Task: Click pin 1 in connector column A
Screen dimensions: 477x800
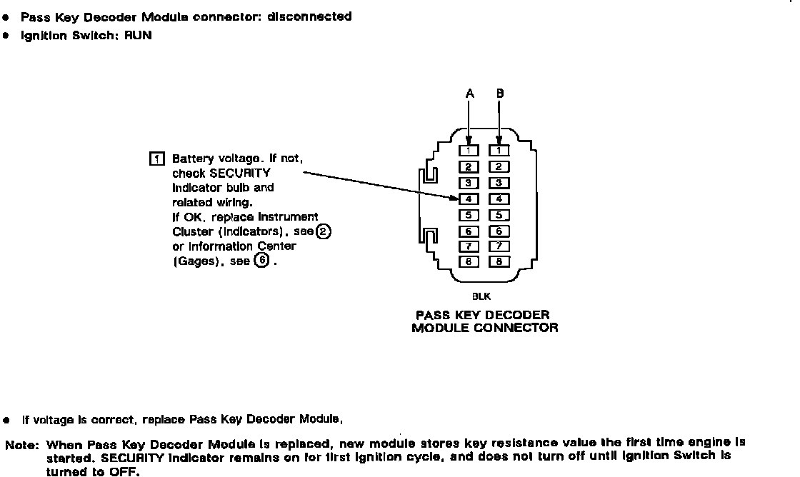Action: point(468,151)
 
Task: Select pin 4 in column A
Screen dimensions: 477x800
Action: point(468,199)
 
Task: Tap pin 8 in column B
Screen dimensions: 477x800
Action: point(499,261)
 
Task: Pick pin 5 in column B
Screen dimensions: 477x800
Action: point(499,215)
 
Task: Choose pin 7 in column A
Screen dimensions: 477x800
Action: point(468,246)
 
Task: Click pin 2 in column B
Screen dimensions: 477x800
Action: point(499,167)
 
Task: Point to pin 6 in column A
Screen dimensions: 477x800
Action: point(468,231)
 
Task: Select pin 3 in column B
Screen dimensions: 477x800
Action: point(499,183)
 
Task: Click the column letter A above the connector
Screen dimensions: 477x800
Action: point(469,94)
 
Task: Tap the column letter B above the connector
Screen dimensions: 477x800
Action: point(499,94)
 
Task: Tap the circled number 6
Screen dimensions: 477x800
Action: point(262,261)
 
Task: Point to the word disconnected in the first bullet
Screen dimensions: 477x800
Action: point(309,16)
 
